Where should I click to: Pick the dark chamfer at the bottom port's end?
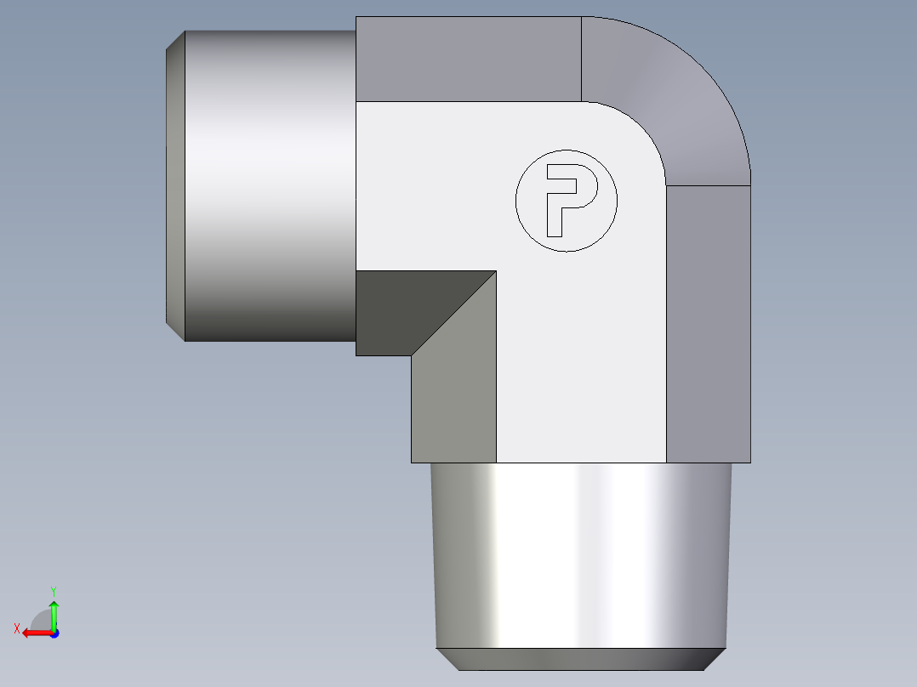pyautogui.click(x=582, y=659)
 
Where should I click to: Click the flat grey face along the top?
pyautogui.click(x=468, y=59)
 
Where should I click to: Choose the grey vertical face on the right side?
pyautogui.click(x=708, y=323)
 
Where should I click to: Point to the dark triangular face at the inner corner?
pyautogui.click(x=408, y=306)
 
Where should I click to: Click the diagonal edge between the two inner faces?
pyautogui.click(x=454, y=313)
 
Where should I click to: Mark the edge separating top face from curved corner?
pyautogui.click(x=581, y=59)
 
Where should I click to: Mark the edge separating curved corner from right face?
pyautogui.click(x=708, y=185)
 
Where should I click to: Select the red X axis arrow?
pyautogui.click(x=34, y=633)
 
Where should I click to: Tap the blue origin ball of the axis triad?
pyautogui.click(x=54, y=633)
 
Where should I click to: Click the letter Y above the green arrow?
pyautogui.click(x=53, y=590)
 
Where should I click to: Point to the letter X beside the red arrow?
pyautogui.click(x=16, y=628)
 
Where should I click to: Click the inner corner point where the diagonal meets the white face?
pyautogui.click(x=496, y=271)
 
